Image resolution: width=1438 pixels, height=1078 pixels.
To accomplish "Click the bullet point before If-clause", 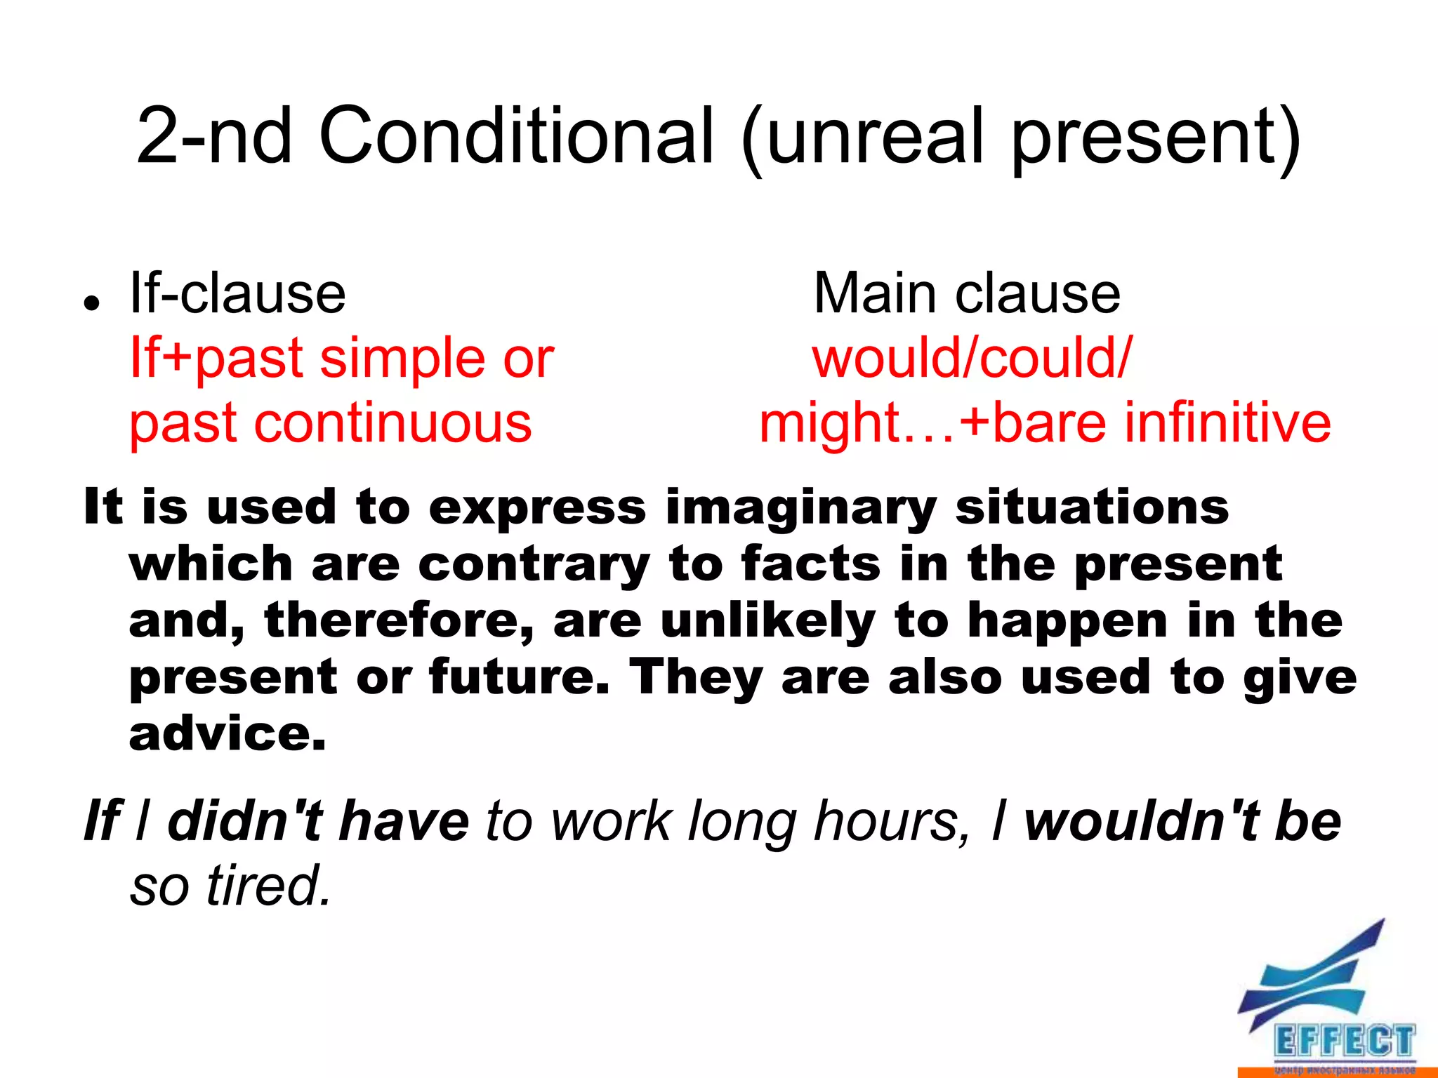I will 91,303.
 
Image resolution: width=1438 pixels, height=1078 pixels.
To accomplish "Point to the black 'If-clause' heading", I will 237,293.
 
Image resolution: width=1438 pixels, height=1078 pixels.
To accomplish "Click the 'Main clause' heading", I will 967,293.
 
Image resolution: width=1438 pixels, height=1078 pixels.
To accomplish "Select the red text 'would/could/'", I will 972,358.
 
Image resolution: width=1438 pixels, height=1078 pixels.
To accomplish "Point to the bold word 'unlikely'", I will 768,622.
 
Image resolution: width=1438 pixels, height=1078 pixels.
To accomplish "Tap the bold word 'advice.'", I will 227,735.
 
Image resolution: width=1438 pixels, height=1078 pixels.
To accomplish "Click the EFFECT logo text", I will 1343,1041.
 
